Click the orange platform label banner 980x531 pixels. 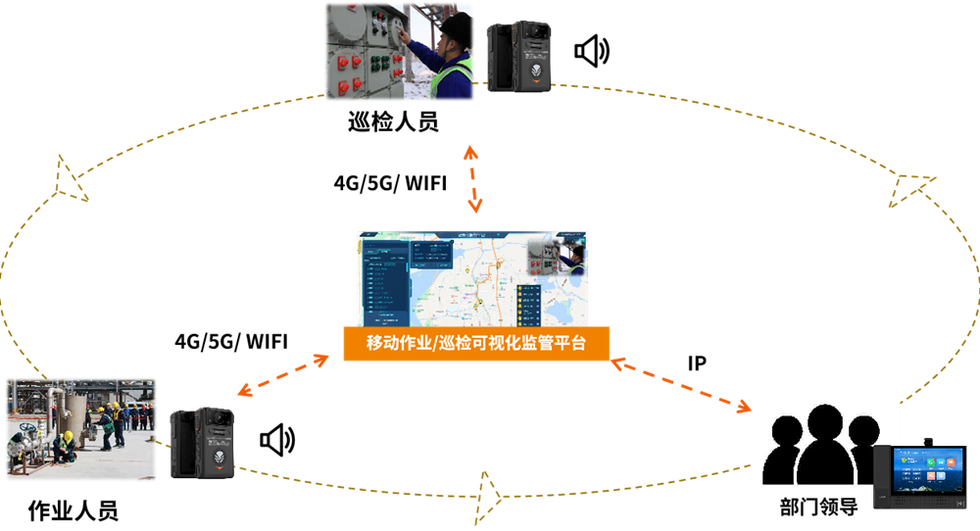(x=476, y=344)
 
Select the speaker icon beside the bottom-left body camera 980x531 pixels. (x=277, y=441)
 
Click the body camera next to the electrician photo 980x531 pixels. (x=518, y=56)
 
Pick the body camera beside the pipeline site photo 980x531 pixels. (x=202, y=443)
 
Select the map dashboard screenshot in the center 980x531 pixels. (x=471, y=278)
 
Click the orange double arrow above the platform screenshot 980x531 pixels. (x=473, y=178)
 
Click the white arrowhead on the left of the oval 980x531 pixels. (x=71, y=179)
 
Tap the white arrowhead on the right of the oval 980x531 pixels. (x=910, y=189)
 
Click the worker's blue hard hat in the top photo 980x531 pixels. (x=456, y=25)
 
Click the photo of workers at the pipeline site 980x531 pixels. (x=81, y=429)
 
